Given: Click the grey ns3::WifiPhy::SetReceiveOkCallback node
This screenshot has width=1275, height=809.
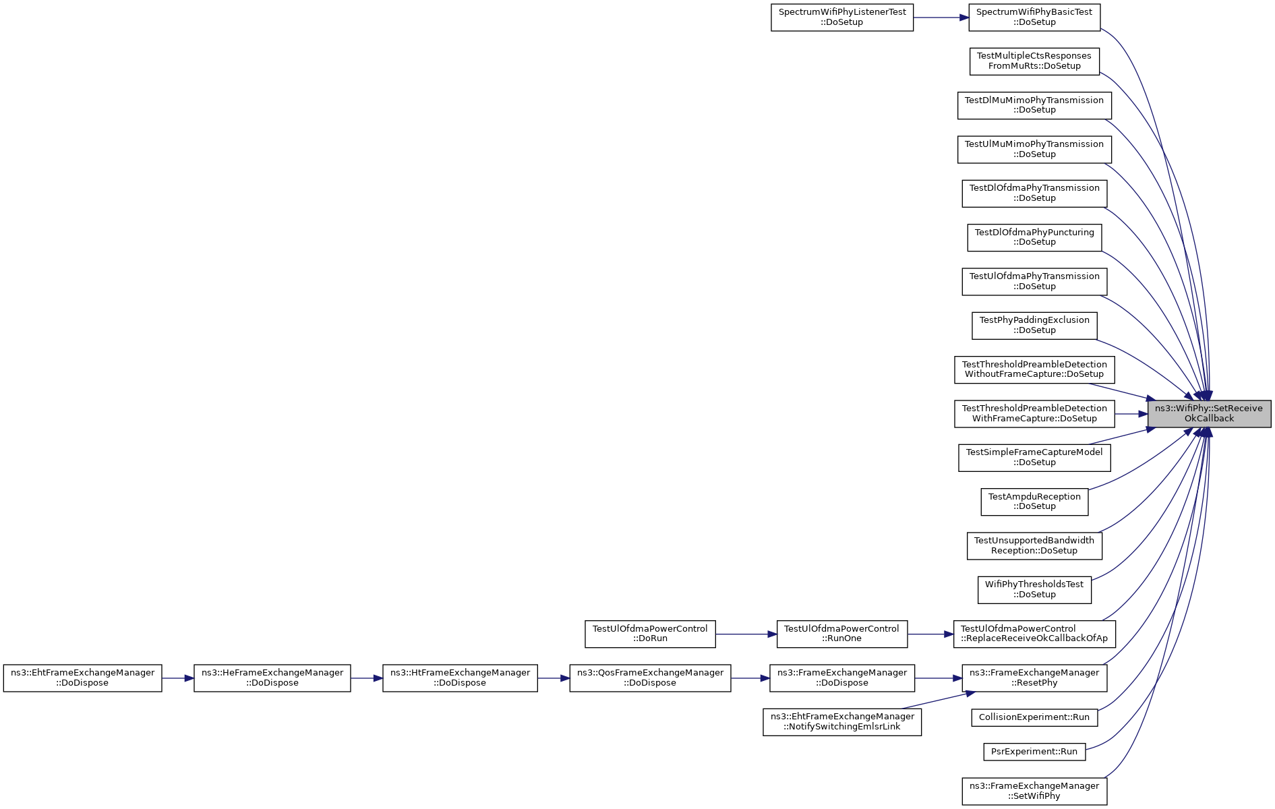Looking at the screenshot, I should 1209,413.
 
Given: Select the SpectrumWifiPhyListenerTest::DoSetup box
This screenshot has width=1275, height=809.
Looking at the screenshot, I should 842,18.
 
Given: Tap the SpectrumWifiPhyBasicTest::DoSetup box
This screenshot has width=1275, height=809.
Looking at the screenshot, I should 1034,18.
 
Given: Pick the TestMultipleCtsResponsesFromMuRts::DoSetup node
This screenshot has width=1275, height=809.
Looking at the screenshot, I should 1034,61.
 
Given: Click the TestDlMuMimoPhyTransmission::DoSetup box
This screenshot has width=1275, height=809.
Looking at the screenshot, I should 1034,105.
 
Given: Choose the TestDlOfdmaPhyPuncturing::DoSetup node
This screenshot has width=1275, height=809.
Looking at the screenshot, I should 1034,237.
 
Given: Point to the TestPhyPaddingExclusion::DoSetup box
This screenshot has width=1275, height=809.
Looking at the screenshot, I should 1034,326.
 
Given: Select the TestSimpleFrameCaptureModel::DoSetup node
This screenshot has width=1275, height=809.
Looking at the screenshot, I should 1034,458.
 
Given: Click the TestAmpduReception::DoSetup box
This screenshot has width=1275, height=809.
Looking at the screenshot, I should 1034,502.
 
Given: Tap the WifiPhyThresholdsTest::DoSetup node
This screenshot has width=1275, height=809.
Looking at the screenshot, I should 1034,590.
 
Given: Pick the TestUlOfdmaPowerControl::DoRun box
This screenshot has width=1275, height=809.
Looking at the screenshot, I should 650,634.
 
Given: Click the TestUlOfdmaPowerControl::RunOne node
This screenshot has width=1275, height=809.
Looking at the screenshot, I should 841,634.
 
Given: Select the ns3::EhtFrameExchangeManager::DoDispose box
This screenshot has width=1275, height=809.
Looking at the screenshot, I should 82,678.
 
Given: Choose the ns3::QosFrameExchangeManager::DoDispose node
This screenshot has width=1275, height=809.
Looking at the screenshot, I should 650,678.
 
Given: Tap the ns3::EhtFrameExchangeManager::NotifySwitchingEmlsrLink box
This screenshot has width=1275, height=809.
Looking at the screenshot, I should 841,722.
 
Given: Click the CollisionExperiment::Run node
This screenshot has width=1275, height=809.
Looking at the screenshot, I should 1034,717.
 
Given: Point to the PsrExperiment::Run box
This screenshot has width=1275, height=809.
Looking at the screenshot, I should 1034,752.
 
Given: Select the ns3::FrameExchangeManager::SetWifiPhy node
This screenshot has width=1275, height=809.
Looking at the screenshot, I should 1034,791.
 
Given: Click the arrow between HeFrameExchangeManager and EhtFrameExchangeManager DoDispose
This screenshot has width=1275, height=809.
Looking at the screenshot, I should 178,678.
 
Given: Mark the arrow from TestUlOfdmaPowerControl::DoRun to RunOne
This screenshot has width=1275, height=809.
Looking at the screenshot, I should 746,634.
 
